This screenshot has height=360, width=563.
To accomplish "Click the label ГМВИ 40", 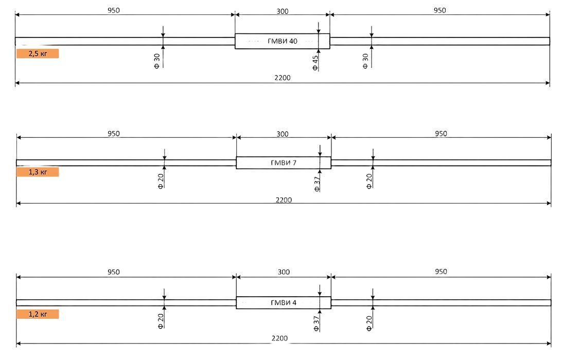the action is (282, 41).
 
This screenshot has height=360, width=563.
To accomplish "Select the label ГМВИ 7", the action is (283, 163).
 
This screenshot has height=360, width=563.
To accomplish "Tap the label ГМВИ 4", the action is (283, 303).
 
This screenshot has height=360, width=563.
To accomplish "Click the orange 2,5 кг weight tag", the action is (38, 53).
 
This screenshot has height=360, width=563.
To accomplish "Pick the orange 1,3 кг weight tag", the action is (38, 172).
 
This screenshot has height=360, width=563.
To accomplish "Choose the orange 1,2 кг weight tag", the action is (38, 314).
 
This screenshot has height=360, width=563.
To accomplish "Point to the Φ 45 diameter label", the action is (315, 63).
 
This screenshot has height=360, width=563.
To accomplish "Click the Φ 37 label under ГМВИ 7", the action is (316, 184).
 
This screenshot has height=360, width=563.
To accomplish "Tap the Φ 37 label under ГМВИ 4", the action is (316, 323).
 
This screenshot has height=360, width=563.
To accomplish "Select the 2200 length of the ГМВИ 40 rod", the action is (282, 78).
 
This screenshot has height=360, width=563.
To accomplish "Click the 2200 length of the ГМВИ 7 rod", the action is (284, 200).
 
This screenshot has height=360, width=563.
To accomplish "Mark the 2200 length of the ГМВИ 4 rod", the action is (279, 338).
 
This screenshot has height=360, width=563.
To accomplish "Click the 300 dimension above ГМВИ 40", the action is (282, 11).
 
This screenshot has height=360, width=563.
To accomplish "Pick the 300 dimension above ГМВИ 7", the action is (282, 134).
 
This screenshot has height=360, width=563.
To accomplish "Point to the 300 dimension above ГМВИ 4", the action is (284, 272).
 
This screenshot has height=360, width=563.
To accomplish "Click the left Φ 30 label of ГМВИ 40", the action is (157, 61).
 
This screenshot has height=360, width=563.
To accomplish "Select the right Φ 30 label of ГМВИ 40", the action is (365, 61).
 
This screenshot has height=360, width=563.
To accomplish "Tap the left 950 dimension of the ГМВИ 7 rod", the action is (113, 134).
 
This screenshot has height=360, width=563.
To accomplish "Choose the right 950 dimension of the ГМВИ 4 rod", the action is (441, 272).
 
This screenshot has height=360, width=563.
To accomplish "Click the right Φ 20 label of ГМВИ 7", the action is (369, 181).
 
